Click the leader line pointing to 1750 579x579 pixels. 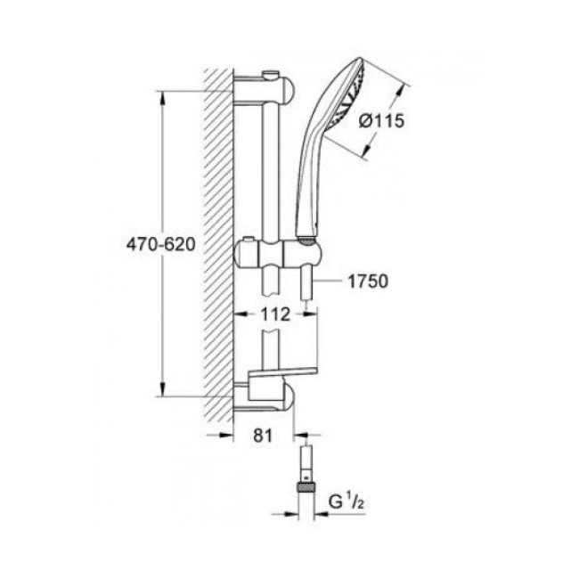click(330, 281)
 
